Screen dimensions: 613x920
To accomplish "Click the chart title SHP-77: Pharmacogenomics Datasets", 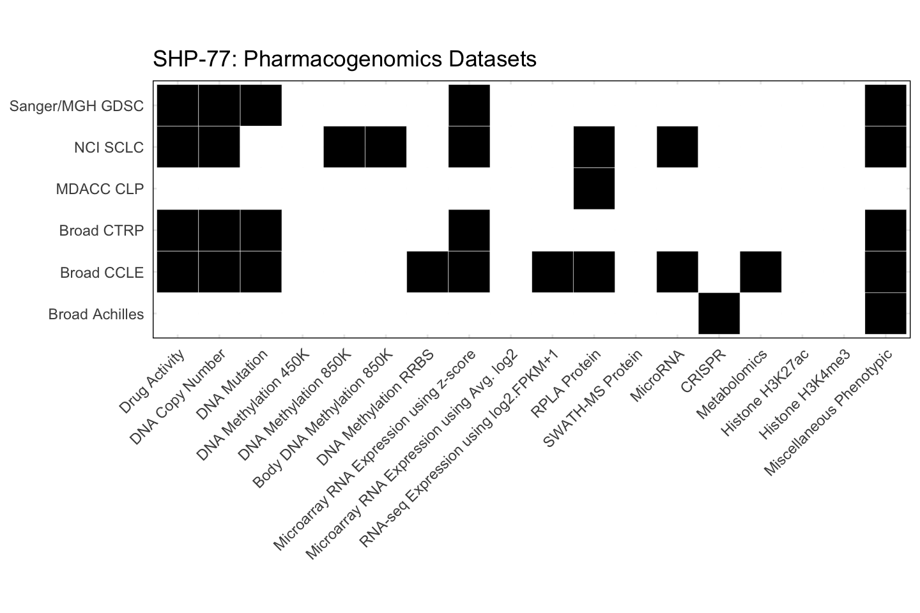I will coord(344,59).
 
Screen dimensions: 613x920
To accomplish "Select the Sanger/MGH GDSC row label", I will coord(77,106).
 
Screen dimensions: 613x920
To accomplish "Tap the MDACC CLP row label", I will coord(100,189).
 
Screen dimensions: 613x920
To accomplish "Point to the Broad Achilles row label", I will coord(96,314).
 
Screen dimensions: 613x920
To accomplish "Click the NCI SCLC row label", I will coord(109,148).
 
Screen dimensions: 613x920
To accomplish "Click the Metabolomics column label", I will coord(732,385).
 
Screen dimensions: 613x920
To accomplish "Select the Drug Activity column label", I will coord(153,381).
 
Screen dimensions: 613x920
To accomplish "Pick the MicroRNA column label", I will coord(657,376).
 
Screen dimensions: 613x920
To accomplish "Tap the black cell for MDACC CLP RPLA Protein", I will coord(594,188).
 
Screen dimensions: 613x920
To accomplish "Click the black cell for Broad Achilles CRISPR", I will coord(719,314).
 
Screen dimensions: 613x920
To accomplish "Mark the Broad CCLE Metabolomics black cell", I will coord(760,272).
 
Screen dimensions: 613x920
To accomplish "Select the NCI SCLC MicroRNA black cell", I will coord(677,147).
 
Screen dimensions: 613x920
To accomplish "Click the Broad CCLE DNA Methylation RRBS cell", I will coord(427,272).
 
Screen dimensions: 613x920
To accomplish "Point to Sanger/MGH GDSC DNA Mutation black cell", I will coord(261,105).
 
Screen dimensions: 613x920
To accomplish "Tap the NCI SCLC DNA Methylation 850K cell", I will coord(344,147).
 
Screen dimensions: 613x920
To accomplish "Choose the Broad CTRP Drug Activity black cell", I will coord(178,231).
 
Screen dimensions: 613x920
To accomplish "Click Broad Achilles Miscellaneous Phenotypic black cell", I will coord(885,314).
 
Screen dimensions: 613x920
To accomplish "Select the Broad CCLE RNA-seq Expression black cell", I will coord(553,272).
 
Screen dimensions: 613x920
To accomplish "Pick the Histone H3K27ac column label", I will coord(765,393).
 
